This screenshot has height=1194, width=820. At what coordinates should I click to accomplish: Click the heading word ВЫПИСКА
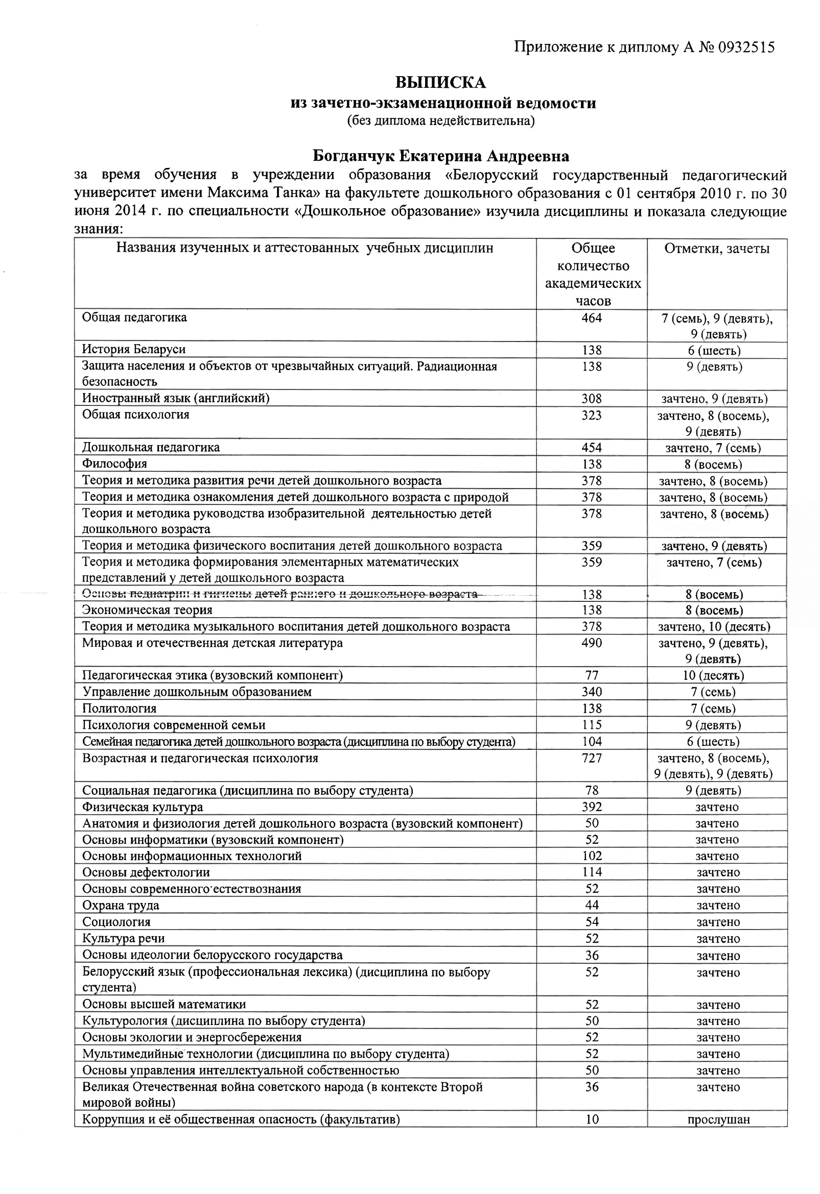point(440,82)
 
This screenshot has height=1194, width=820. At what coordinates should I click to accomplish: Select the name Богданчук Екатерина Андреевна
point(440,156)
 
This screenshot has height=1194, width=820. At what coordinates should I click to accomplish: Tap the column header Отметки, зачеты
point(717,249)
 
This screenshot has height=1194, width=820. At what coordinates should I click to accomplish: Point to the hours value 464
point(592,318)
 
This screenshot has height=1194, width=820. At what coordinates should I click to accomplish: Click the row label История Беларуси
point(134,349)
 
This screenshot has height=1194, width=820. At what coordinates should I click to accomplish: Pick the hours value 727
point(592,759)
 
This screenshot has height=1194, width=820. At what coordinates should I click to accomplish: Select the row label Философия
point(114,464)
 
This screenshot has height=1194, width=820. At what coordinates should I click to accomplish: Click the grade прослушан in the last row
point(718,1119)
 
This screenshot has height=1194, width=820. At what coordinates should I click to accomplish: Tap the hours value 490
point(592,643)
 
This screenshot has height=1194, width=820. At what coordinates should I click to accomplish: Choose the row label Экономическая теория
point(147,611)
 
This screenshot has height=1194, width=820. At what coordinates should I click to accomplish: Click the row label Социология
point(116,922)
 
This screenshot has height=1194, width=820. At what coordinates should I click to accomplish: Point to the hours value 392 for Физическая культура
point(592,807)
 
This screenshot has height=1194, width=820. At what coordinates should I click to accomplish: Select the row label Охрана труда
point(121,905)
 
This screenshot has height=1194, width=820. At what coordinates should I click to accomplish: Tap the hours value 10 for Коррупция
point(592,1119)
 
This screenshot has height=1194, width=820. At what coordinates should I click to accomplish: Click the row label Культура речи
point(124,939)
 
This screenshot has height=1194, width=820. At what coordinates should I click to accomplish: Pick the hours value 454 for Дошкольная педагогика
point(592,448)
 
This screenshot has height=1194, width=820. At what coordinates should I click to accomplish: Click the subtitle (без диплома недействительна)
point(440,121)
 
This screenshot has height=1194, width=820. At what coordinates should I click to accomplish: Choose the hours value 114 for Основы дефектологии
point(592,872)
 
